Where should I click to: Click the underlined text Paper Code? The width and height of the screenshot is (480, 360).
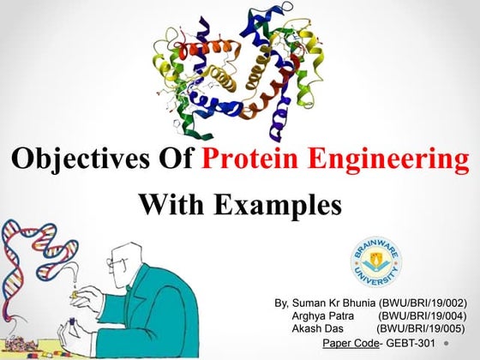point(351,344)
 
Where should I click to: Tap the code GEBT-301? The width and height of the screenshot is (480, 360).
point(409,344)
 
